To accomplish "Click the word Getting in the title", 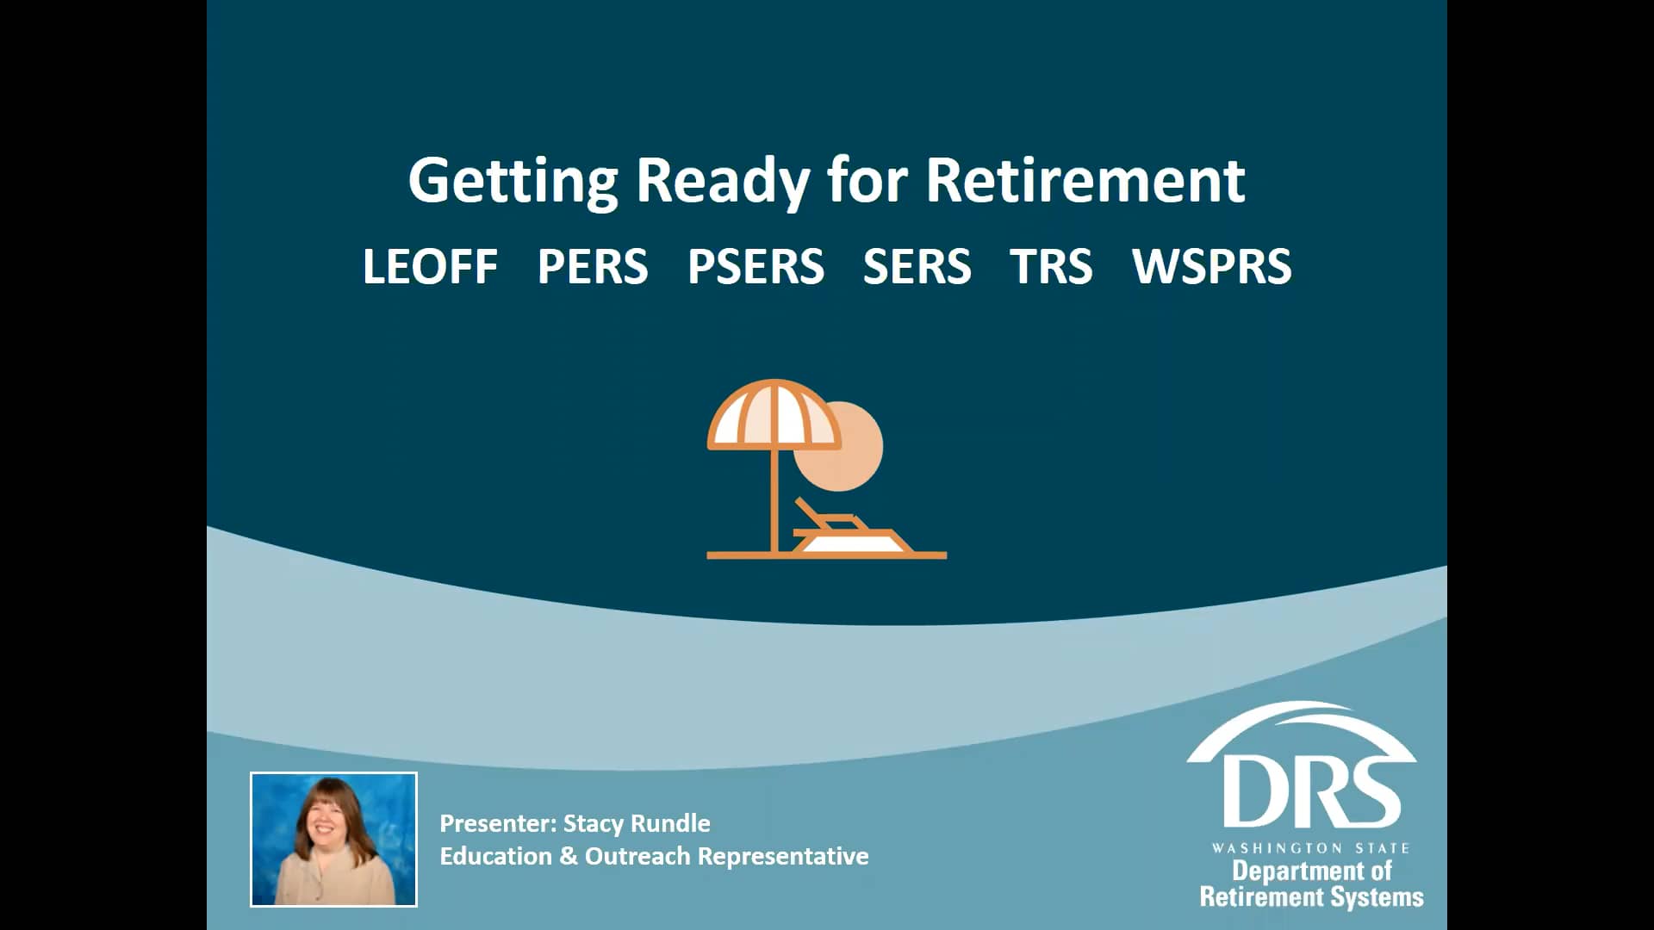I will tap(513, 181).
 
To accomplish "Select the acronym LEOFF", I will tap(430, 266).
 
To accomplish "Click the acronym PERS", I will tap(592, 266).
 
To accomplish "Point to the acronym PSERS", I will tap(755, 266).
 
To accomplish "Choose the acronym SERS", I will tap(917, 266).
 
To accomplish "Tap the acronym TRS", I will tap(1051, 266).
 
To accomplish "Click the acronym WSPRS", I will tap(1211, 266).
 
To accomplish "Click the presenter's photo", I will tap(333, 839).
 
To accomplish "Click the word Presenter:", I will tap(498, 823).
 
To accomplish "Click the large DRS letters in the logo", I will tap(1310, 792).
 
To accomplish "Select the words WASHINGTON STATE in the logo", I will tap(1310, 848).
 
